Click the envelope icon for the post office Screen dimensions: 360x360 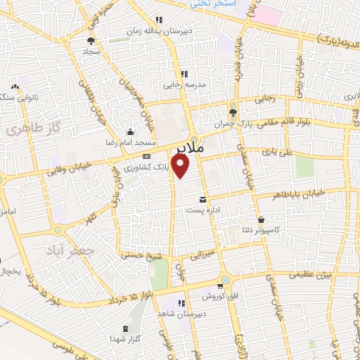pos(203,199)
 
